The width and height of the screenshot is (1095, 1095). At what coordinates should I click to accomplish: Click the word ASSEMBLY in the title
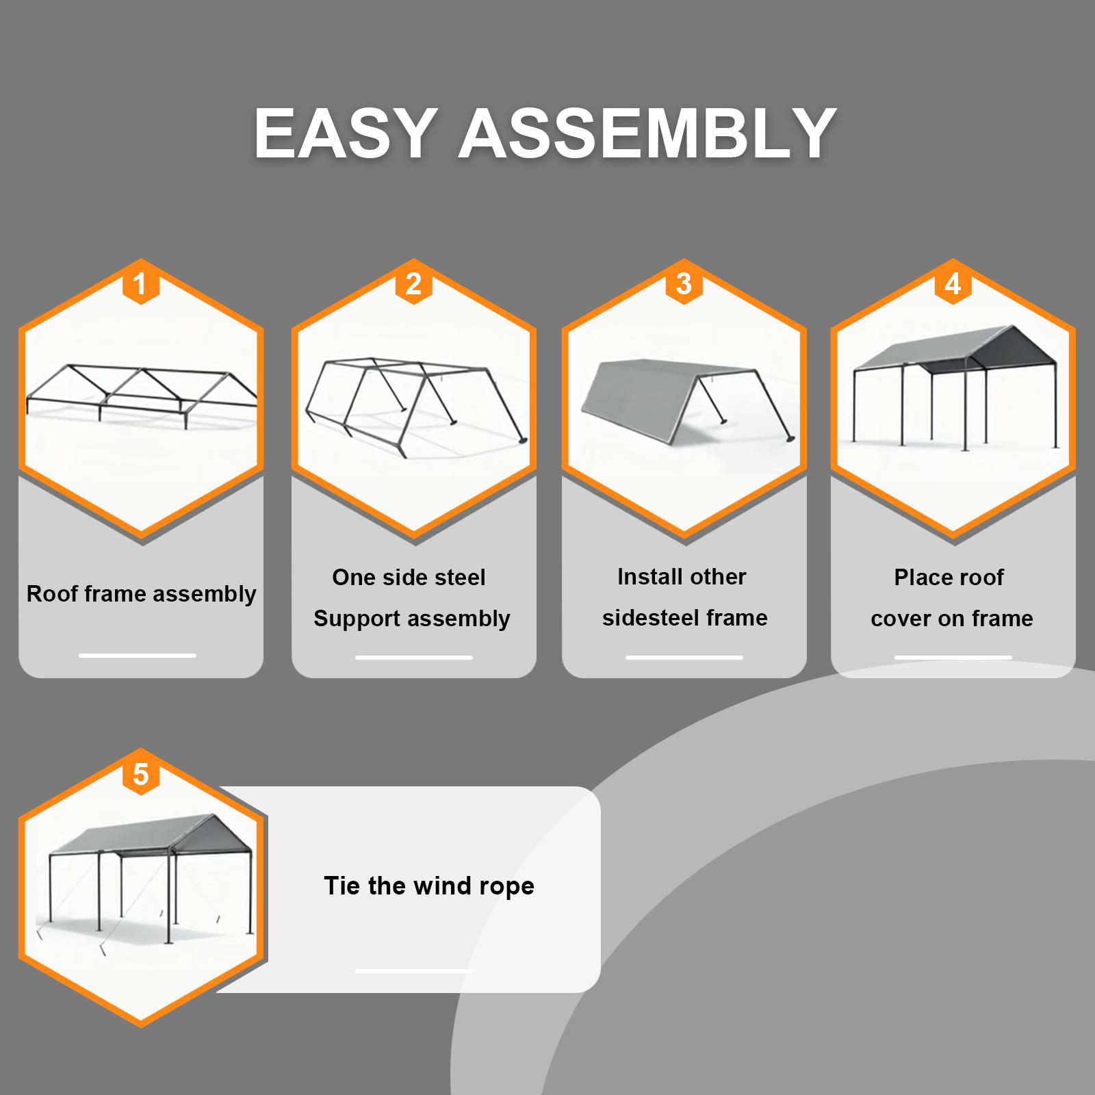[647, 133]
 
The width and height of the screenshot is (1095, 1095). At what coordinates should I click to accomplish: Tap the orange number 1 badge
[140, 283]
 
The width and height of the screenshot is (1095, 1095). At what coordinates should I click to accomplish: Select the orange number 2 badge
[413, 283]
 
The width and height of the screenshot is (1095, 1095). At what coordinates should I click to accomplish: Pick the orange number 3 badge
[684, 283]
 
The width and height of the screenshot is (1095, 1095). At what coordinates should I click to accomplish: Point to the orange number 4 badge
[953, 283]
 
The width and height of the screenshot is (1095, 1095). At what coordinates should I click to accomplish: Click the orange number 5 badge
[140, 774]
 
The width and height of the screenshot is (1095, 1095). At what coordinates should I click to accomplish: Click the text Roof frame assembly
[141, 593]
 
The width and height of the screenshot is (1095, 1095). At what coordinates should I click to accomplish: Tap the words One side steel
[409, 577]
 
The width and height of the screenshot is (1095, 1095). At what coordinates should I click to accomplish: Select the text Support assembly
[412, 619]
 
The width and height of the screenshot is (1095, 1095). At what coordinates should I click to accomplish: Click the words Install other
[682, 576]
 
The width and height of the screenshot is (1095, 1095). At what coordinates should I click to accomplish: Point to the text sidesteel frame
[684, 618]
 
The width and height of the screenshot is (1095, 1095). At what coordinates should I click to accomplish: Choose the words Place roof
[949, 577]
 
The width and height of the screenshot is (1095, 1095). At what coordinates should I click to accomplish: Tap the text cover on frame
[952, 619]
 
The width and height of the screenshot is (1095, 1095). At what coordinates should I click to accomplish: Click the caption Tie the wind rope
[429, 886]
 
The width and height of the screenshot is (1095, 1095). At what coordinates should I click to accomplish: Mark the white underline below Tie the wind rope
[413, 970]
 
